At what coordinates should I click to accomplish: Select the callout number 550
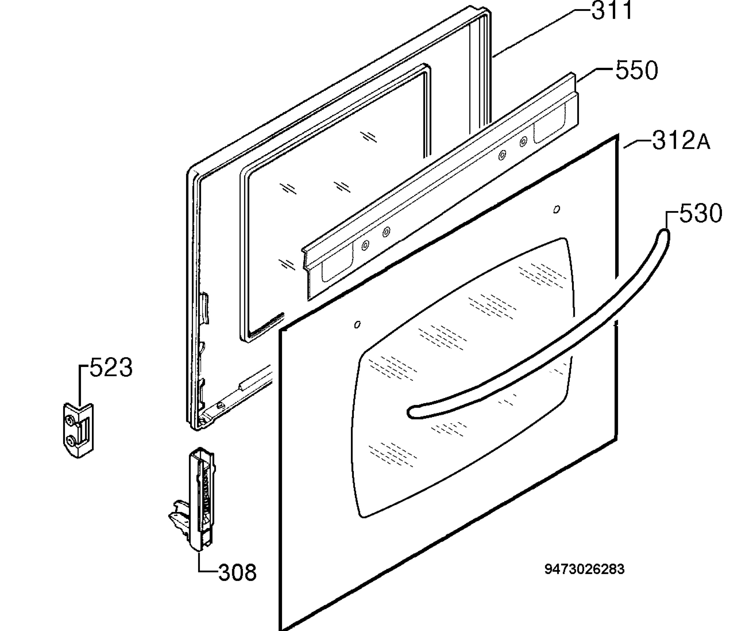coord(637,70)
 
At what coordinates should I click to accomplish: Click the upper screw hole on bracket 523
coord(70,420)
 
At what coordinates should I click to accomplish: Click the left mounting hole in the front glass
coord(357,325)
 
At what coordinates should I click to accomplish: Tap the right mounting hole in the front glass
coord(557,209)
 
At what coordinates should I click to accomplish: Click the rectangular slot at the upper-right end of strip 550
coord(549,124)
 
